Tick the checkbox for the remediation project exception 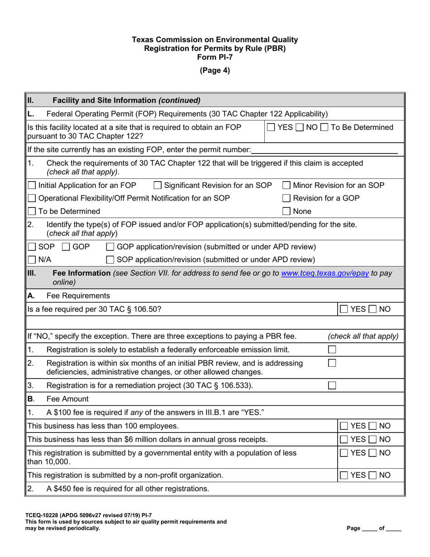coord(332,385)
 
